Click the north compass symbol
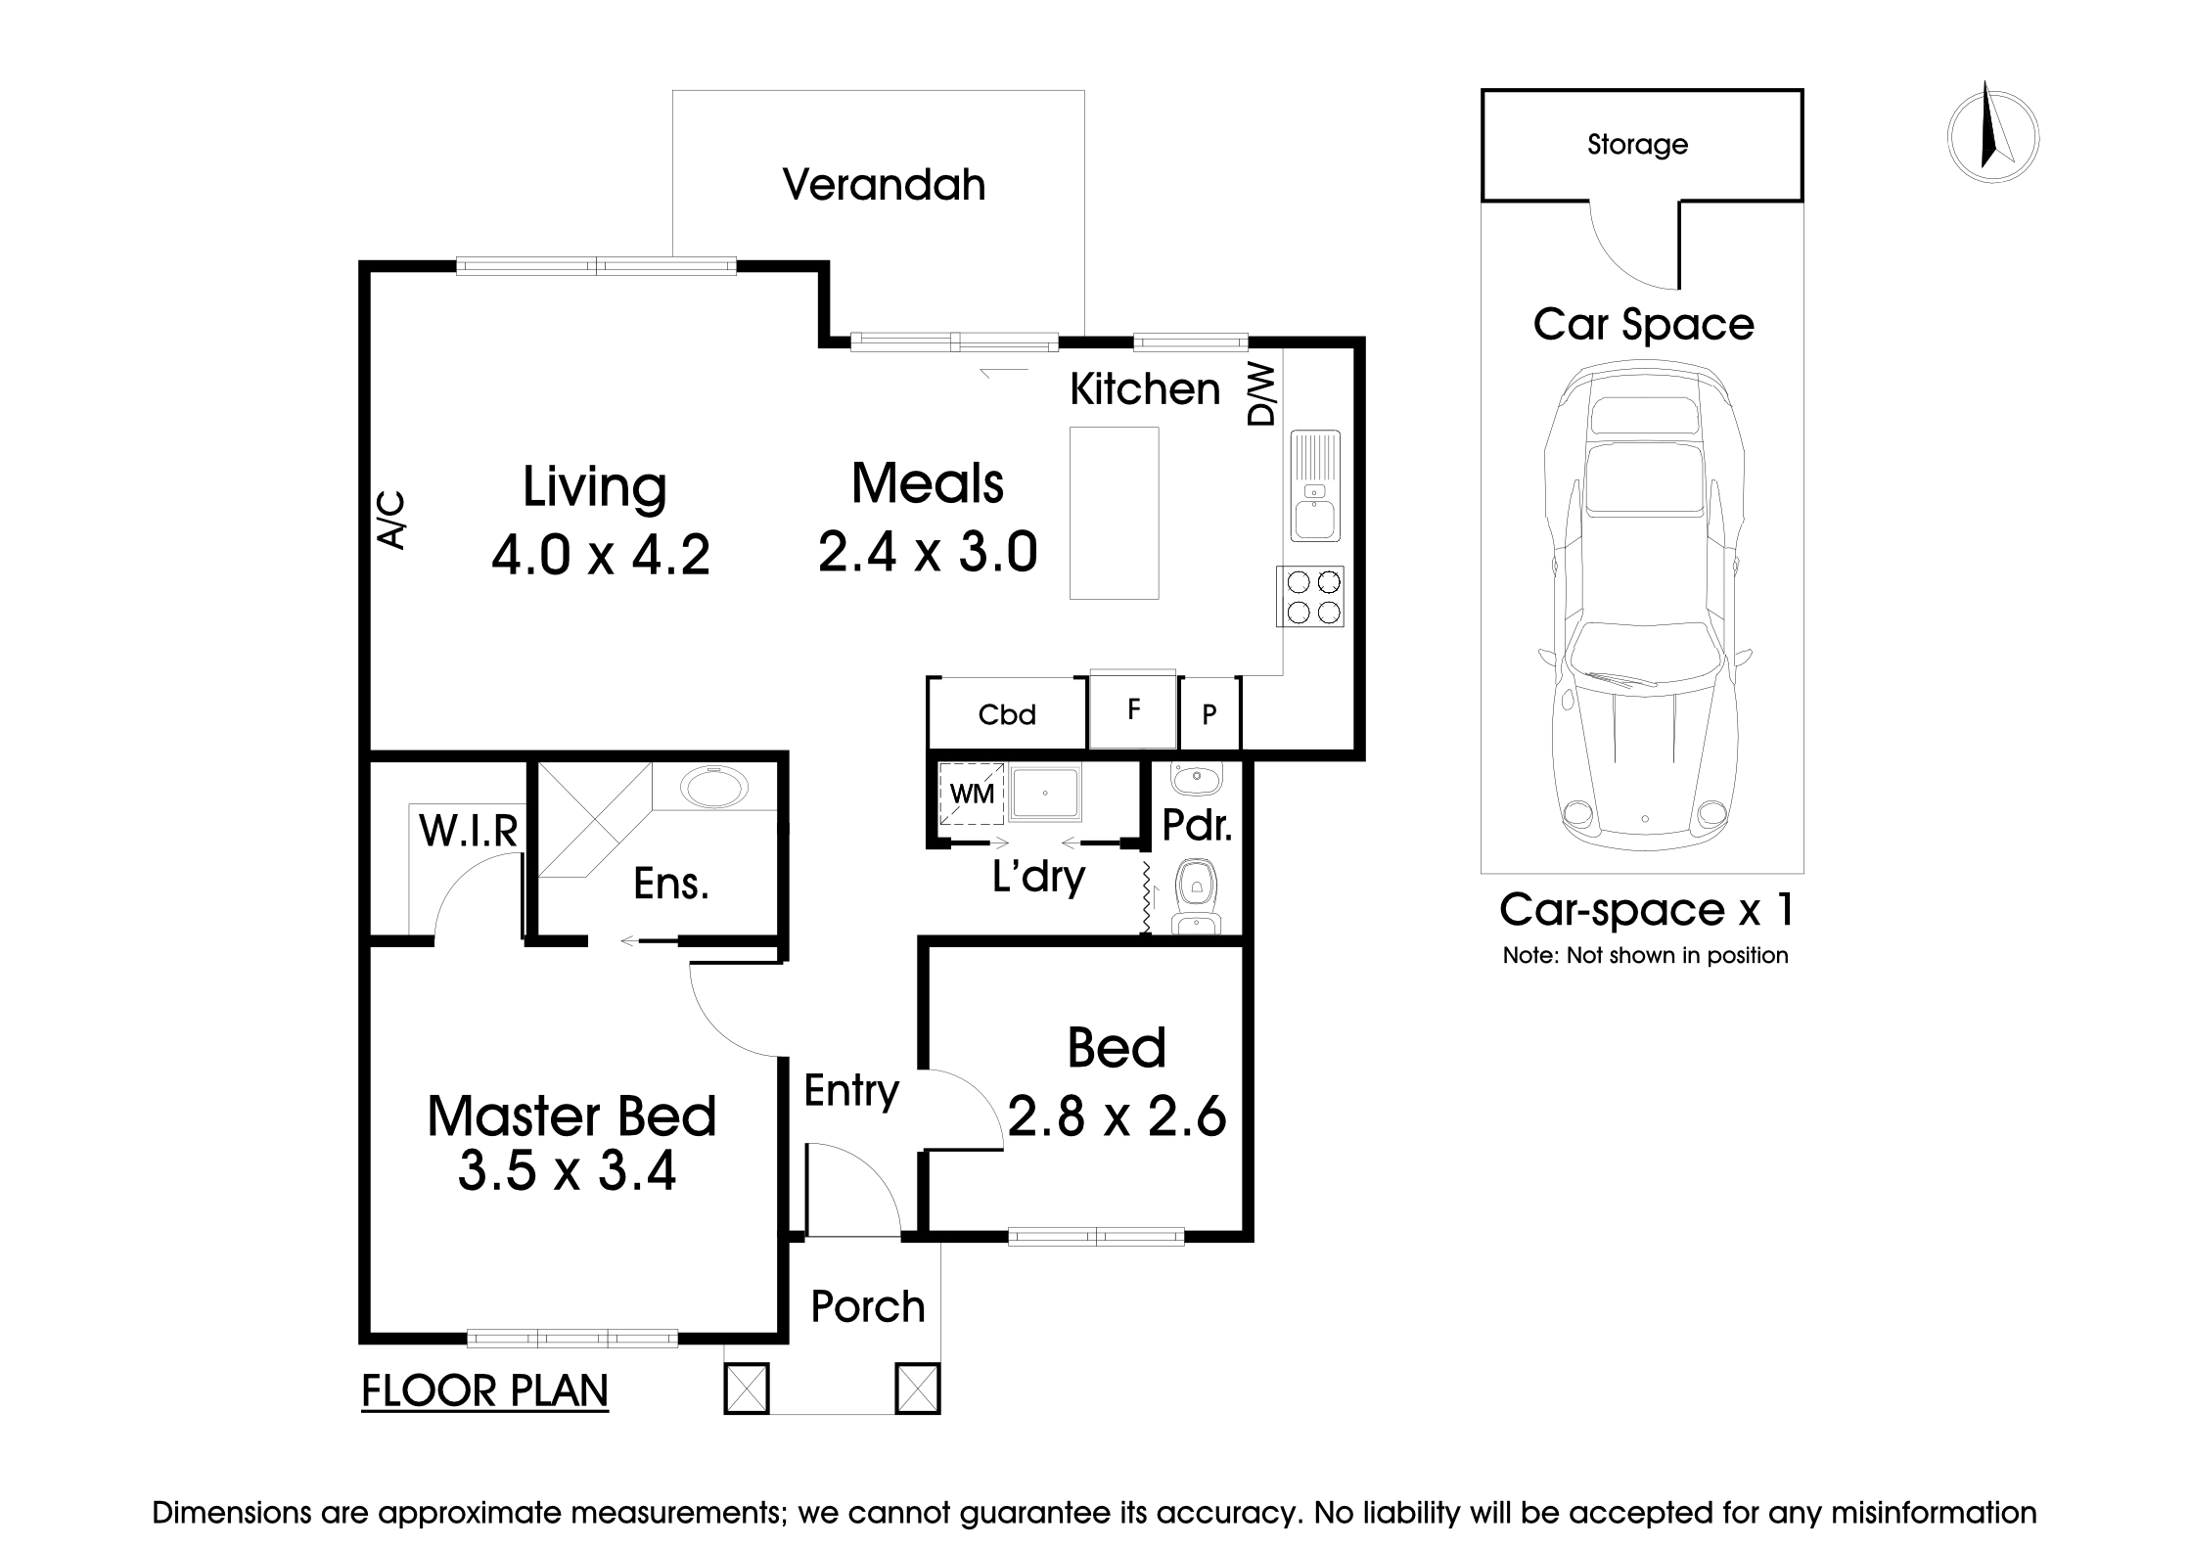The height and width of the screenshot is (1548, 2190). click(1992, 138)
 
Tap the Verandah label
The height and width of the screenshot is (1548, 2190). click(884, 185)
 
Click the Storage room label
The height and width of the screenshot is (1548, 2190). click(1637, 145)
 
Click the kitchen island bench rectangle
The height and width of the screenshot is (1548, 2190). click(1114, 513)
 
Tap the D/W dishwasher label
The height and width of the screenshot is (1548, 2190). click(1262, 395)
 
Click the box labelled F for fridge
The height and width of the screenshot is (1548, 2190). click(1133, 709)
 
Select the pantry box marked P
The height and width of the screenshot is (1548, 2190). click(1209, 714)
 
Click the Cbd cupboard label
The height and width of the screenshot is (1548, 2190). click(1007, 714)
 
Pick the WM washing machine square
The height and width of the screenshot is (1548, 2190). click(972, 794)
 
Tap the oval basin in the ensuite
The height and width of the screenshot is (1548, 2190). click(714, 787)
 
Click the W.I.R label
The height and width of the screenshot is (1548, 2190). click(468, 831)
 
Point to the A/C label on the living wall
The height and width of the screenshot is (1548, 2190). click(390, 520)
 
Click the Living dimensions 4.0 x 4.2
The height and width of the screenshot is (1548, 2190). click(600, 556)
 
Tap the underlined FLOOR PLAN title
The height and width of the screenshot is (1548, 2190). click(484, 1390)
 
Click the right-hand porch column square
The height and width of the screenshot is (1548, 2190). click(917, 1389)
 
